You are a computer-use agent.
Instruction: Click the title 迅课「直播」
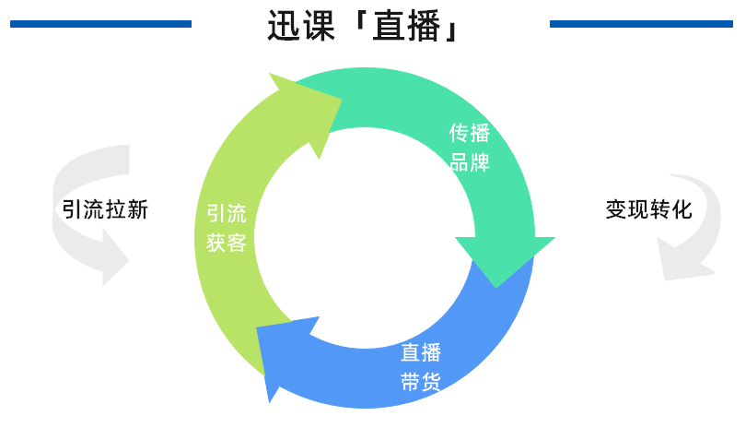(x=364, y=25)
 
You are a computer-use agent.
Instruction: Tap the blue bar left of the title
(x=100, y=24)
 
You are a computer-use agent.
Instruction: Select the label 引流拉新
(x=105, y=209)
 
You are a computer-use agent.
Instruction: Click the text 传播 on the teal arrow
(x=469, y=134)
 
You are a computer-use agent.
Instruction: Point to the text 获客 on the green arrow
(x=227, y=244)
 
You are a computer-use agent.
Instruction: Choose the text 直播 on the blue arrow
(x=421, y=352)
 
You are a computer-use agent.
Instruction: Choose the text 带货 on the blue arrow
(x=421, y=381)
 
